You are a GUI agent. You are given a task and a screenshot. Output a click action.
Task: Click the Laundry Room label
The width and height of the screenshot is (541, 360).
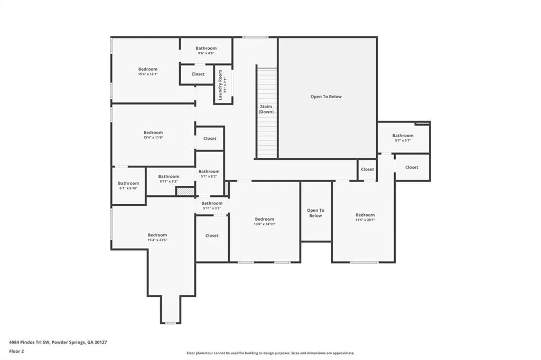(220, 85)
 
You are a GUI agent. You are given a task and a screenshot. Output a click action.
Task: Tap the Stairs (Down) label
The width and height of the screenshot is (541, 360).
(266, 109)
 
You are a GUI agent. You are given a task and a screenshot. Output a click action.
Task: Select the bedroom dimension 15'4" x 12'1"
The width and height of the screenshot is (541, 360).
(148, 74)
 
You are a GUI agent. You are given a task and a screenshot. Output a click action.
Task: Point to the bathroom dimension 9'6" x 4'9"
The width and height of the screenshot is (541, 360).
(206, 53)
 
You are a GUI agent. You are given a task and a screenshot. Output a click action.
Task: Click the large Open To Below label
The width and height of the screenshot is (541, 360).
(326, 97)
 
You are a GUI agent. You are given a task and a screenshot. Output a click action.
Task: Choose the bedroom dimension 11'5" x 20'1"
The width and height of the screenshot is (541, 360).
(365, 220)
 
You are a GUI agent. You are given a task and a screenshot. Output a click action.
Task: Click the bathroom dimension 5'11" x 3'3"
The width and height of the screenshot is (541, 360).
(212, 208)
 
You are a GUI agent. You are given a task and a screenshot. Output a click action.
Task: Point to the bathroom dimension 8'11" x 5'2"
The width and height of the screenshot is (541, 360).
(169, 181)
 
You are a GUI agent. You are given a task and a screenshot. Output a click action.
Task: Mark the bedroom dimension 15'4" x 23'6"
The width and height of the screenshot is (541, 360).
(157, 240)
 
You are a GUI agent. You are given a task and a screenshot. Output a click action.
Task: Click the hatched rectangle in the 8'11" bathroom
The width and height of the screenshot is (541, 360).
(185, 192)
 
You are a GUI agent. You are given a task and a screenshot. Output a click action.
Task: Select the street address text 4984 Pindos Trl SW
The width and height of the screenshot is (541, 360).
(30, 343)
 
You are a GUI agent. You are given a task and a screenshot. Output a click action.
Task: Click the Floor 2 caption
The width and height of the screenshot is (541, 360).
(16, 352)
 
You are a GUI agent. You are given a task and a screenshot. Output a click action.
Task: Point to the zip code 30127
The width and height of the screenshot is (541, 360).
(100, 343)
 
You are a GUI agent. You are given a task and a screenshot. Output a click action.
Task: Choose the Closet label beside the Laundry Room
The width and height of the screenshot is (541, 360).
(198, 74)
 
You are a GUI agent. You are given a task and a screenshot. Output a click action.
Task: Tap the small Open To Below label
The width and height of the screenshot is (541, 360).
(315, 213)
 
